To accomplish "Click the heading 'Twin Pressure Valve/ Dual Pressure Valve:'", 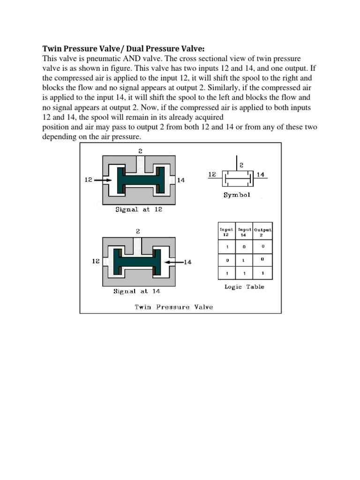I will coord(124,49).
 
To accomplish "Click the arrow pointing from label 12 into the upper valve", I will coord(103,180).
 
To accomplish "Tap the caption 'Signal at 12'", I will coord(139,210).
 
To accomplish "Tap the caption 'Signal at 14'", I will coord(137,291).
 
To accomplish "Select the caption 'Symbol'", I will coord(237,195).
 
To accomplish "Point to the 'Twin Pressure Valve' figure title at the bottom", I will coord(173,307).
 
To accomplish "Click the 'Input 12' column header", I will coord(226,232).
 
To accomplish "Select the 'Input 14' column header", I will coord(244,232).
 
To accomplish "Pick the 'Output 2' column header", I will coord(262,232).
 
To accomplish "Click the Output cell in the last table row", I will coord(262,272).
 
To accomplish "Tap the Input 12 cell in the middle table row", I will coord(226,259).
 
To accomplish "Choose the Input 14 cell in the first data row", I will coord(244,246).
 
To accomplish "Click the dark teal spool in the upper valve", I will coord(140,180).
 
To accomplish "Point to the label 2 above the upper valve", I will coord(140,150).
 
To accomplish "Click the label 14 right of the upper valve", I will coord(181,180).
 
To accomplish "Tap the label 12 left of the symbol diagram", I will coord(212,174).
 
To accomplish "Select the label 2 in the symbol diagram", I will coord(241,165).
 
